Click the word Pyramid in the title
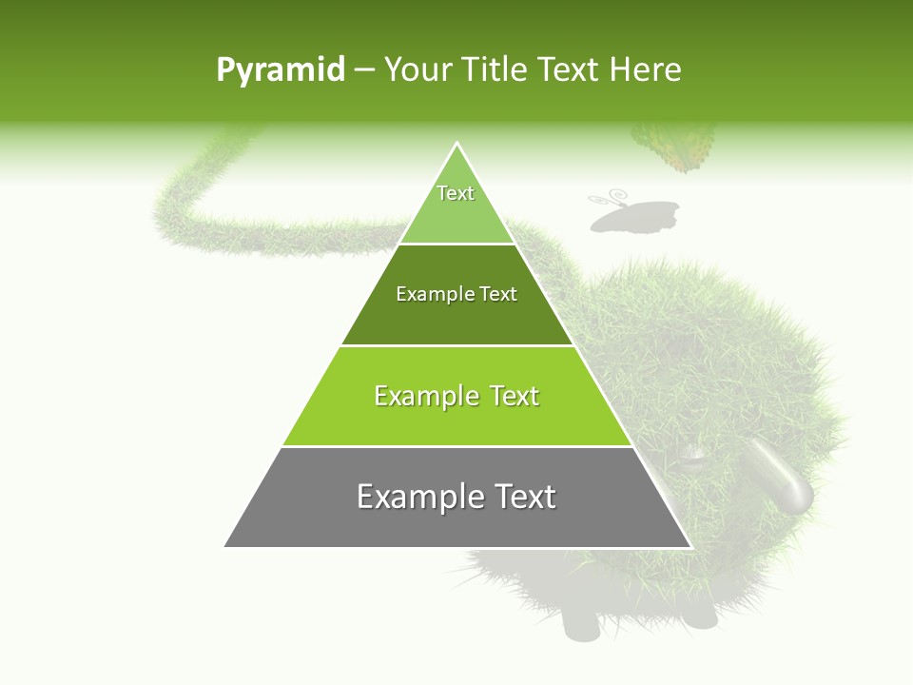280,69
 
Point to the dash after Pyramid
363,70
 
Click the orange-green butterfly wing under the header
678,147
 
